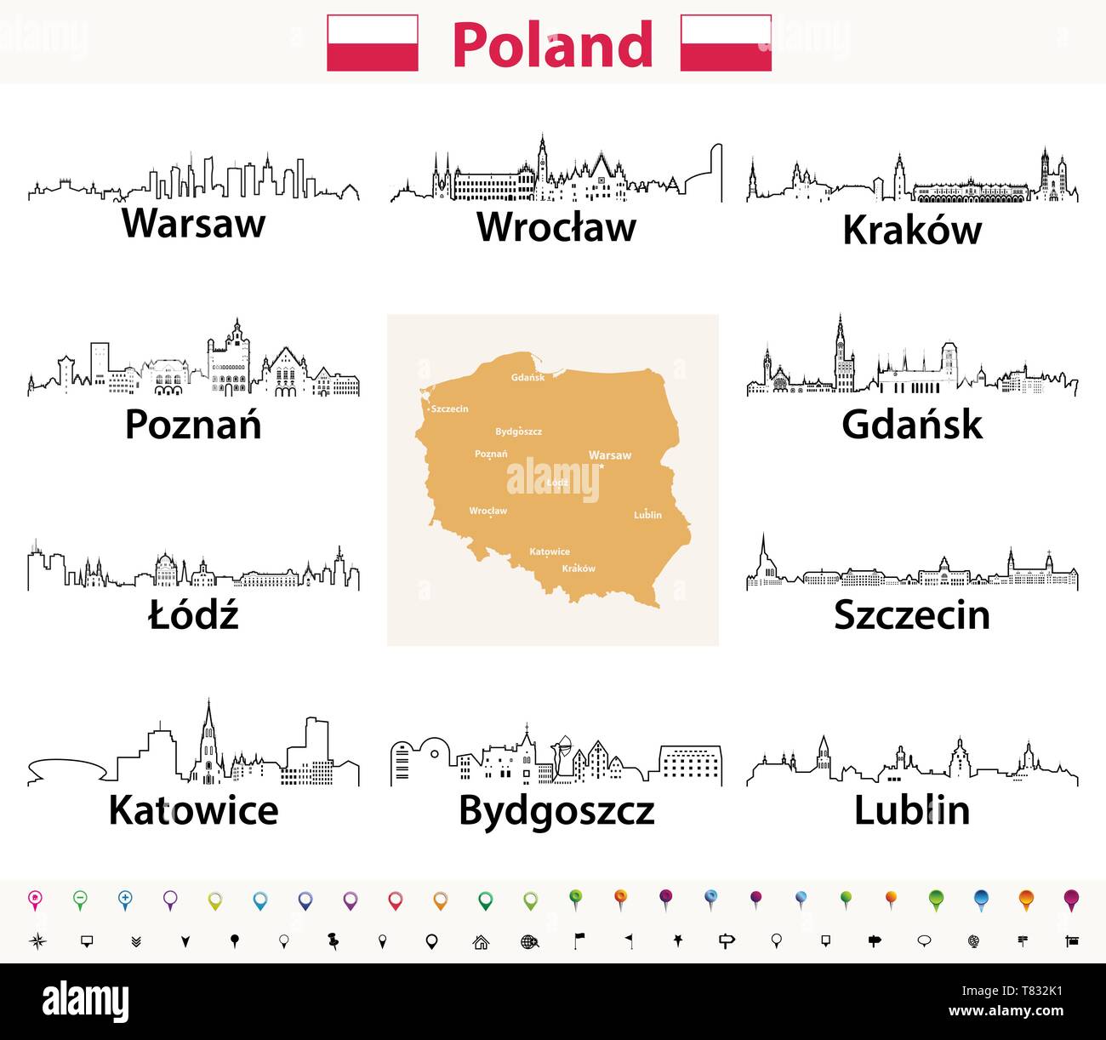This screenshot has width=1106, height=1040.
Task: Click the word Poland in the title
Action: pyautogui.click(x=552, y=44)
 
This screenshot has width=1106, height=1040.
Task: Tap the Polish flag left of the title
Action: pyautogui.click(x=373, y=43)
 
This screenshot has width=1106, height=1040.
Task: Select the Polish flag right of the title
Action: pyautogui.click(x=726, y=43)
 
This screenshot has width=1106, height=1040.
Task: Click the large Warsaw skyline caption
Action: pyautogui.click(x=194, y=223)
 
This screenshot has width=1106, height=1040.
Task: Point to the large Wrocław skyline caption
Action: pyautogui.click(x=556, y=226)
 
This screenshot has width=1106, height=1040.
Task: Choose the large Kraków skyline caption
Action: pyautogui.click(x=912, y=230)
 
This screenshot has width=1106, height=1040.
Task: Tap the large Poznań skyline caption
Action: pyautogui.click(x=193, y=424)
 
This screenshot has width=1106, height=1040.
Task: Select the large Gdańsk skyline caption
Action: pyautogui.click(x=912, y=425)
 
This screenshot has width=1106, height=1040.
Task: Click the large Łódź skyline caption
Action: pyautogui.click(x=194, y=614)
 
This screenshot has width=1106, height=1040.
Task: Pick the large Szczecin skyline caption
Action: pyautogui.click(x=912, y=615)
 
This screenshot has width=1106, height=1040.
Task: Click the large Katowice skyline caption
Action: pyautogui.click(x=194, y=809)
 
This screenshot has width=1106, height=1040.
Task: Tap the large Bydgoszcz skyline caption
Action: pyautogui.click(x=556, y=811)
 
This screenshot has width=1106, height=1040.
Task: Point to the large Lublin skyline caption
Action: pyautogui.click(x=912, y=810)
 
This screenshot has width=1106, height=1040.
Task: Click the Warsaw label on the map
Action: pyautogui.click(x=610, y=455)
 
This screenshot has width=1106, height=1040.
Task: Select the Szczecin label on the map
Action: pyautogui.click(x=449, y=409)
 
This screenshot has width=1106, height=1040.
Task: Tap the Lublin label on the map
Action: pyautogui.click(x=647, y=515)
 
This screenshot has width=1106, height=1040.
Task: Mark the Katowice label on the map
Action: pyautogui.click(x=550, y=551)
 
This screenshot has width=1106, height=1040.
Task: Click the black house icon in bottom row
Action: pyautogui.click(x=481, y=941)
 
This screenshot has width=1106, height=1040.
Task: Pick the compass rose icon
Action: pyautogui.click(x=37, y=941)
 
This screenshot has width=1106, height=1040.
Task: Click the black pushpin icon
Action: pyautogui.click(x=333, y=941)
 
